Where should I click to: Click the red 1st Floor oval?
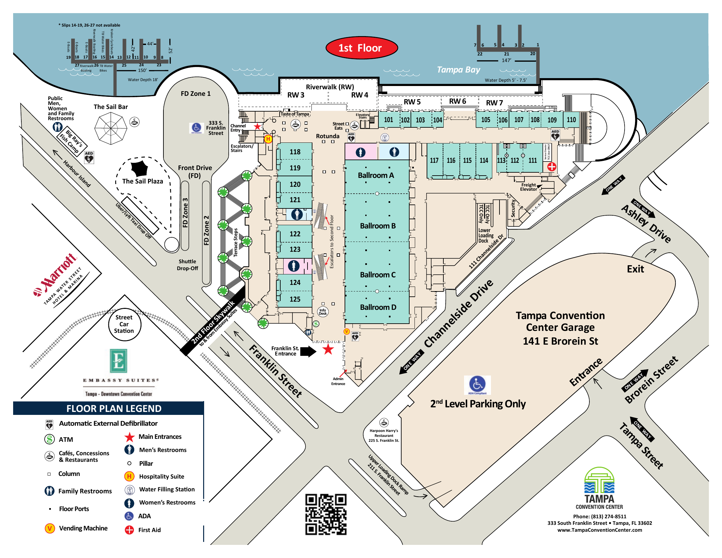click(361, 48)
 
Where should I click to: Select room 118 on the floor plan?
click(295, 152)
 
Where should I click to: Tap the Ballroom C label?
click(377, 275)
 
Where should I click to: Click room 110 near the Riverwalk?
click(571, 120)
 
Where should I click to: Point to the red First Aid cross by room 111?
click(551, 167)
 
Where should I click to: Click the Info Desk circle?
click(323, 311)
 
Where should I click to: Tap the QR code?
click(326, 514)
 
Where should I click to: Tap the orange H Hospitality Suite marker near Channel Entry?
click(268, 139)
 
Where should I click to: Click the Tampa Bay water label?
click(458, 70)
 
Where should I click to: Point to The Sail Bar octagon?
click(111, 128)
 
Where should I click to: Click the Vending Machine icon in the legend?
click(50, 528)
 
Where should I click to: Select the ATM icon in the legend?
click(50, 439)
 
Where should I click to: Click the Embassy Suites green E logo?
click(118, 361)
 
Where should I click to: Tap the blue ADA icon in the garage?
click(477, 384)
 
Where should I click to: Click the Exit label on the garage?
click(635, 269)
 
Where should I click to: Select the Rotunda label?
click(327, 136)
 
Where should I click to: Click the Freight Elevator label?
click(528, 187)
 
